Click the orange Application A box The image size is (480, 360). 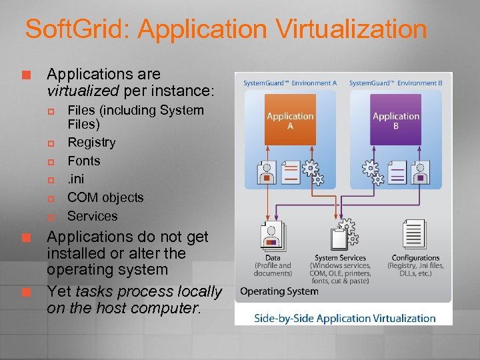pyautogui.click(x=290, y=120)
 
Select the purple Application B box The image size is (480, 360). pyautogui.click(x=396, y=120)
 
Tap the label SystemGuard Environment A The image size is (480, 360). pyautogui.click(x=290, y=83)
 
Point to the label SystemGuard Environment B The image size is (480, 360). pyautogui.click(x=396, y=83)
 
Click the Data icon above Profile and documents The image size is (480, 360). pyautogui.click(x=273, y=235)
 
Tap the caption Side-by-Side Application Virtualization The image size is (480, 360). pyautogui.click(x=345, y=318)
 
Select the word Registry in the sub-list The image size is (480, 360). pyautogui.click(x=91, y=143)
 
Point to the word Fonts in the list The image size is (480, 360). pyautogui.click(x=84, y=161)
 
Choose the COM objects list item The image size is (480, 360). pyautogui.click(x=105, y=197)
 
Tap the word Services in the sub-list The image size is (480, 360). pyautogui.click(x=92, y=216)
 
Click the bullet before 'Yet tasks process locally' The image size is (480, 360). pyautogui.click(x=27, y=292)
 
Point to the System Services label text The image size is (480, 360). pyautogui.click(x=340, y=258)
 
